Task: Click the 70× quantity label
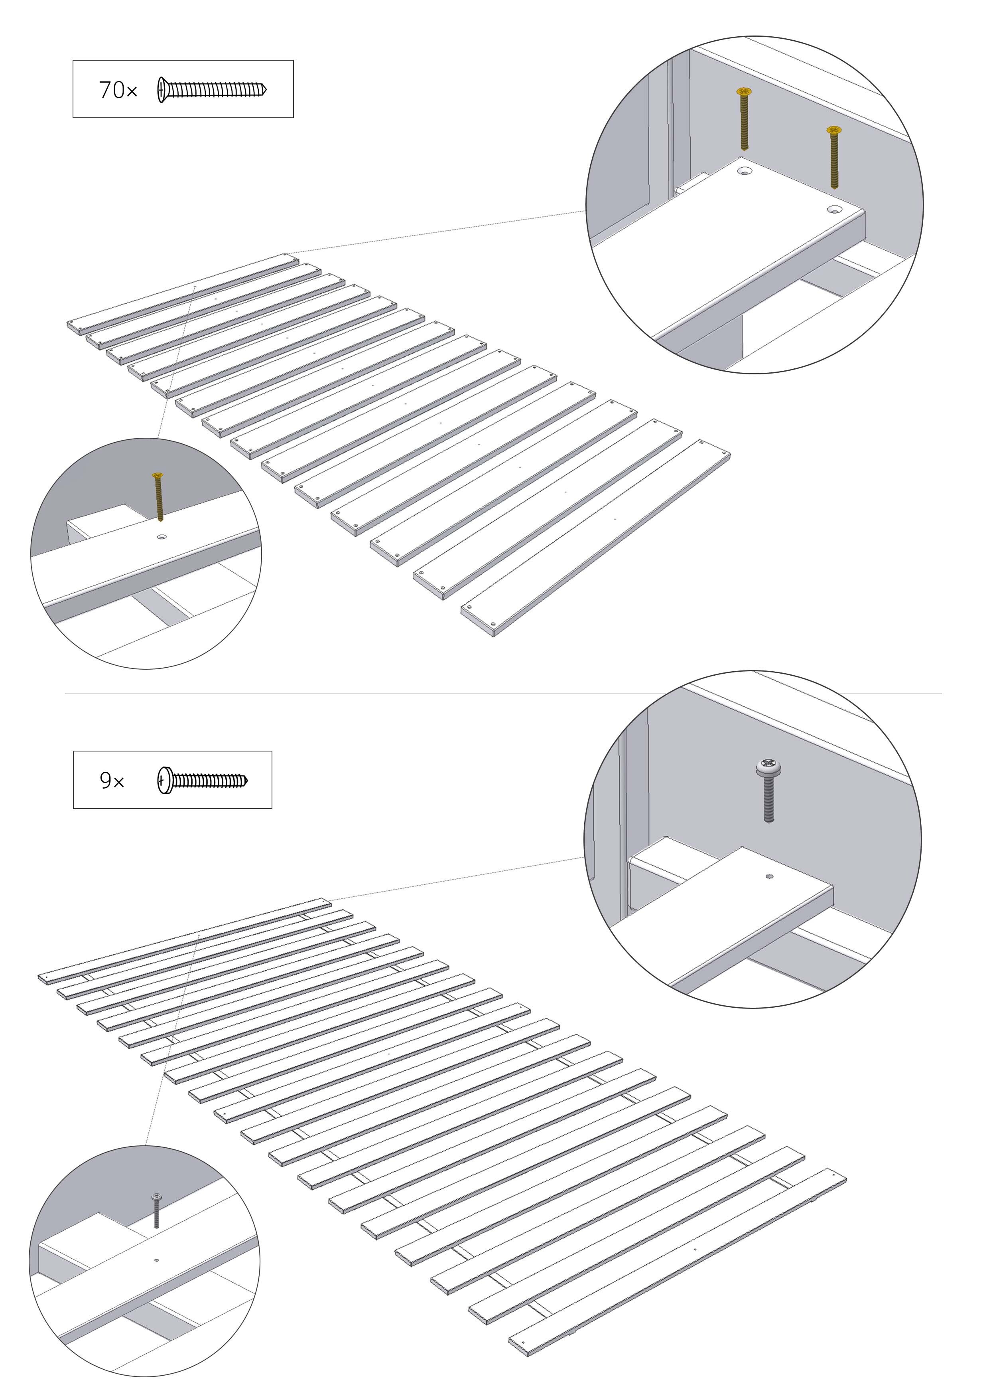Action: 118,90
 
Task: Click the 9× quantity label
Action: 112,781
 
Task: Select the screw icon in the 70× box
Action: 212,90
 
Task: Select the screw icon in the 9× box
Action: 203,781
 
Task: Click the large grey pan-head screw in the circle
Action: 769,790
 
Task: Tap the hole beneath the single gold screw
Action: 162,537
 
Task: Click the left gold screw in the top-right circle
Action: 744,119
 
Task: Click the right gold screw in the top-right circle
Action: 833,157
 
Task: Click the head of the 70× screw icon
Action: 162,90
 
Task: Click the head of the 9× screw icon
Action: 164,781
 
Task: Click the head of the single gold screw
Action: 158,475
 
